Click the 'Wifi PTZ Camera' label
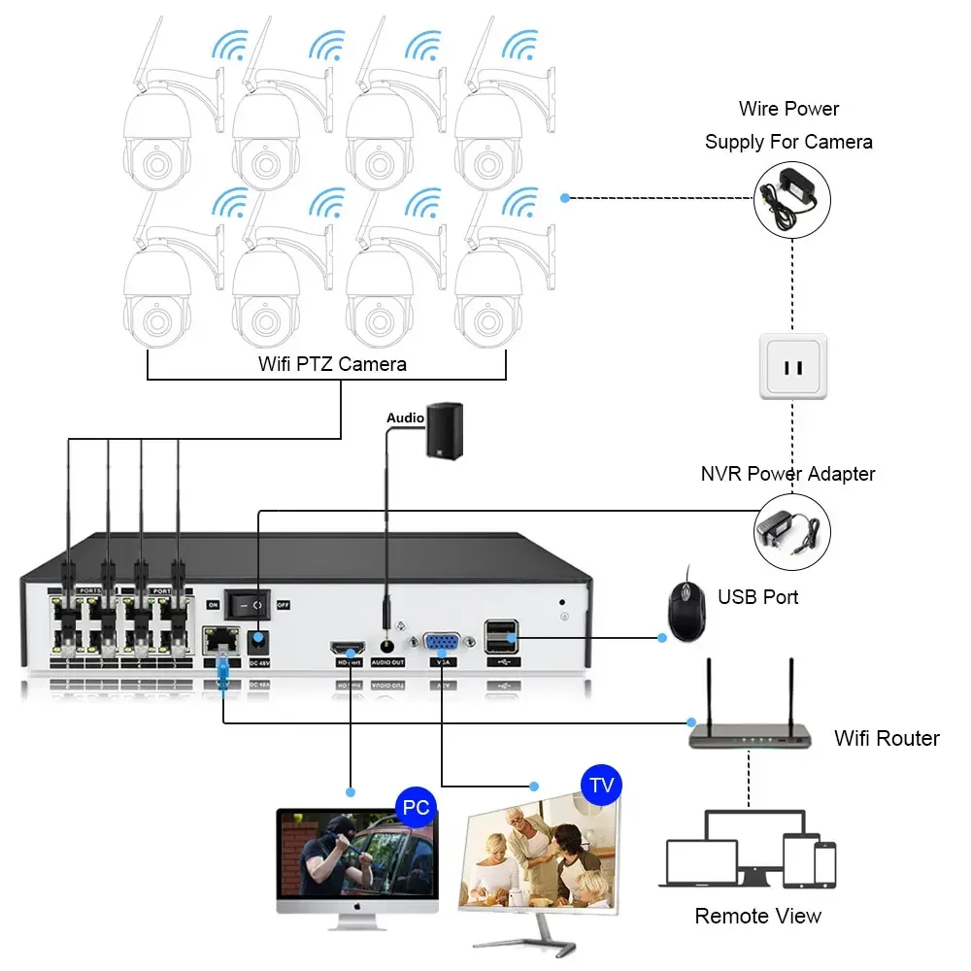point(332,364)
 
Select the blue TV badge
point(601,785)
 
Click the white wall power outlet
point(793,367)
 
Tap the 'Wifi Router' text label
point(887,738)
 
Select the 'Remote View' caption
point(757,916)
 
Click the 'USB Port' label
point(757,596)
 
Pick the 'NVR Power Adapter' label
point(787,474)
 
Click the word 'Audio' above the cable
point(405,418)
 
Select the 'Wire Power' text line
point(788,109)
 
